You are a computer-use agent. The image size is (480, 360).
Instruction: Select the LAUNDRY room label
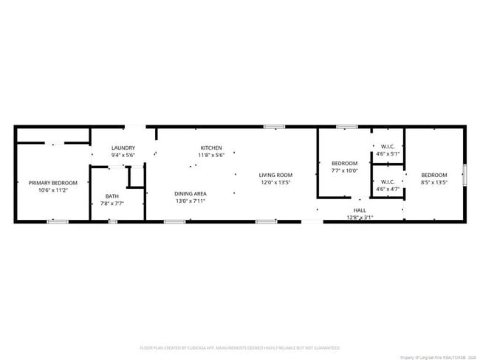tap(123, 148)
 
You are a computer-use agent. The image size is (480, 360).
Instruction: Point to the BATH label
tap(112, 195)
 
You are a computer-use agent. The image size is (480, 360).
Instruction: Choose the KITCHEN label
tap(211, 148)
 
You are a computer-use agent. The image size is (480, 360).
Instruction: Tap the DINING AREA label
tap(190, 193)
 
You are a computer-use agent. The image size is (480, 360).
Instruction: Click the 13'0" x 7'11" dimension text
tap(190, 201)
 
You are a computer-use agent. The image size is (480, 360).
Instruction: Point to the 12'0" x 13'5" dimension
tap(275, 182)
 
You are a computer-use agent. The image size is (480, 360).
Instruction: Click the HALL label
tap(360, 210)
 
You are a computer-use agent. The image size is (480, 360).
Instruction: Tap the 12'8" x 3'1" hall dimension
tap(360, 218)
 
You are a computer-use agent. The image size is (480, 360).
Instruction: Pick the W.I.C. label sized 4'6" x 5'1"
tap(388, 147)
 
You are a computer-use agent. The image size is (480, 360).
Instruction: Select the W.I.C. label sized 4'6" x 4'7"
tap(388, 181)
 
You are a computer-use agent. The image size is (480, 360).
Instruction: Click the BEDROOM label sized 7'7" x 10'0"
tap(344, 163)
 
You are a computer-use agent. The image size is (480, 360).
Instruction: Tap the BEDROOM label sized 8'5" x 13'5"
tap(433, 175)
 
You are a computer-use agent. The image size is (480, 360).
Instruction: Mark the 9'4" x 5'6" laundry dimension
tap(123, 155)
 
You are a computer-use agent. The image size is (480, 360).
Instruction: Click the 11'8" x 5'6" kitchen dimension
tap(211, 155)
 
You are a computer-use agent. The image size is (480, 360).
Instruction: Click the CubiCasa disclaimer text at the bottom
tap(240, 347)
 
